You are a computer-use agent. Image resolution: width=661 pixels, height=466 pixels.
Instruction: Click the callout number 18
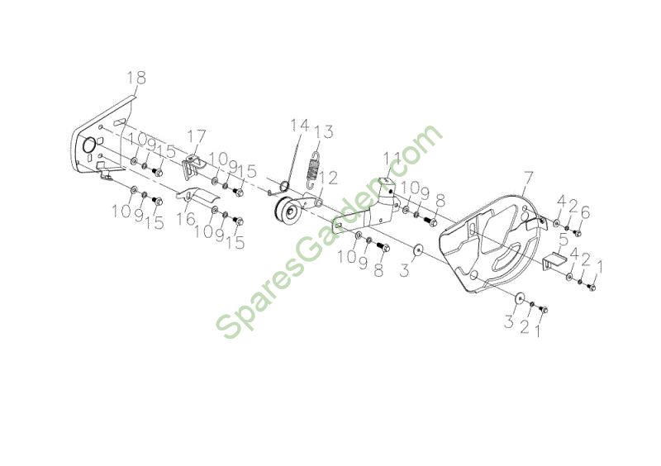136,78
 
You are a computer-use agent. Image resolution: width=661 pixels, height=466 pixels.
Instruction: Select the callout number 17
197,136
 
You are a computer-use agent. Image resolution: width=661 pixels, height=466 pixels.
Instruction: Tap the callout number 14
300,126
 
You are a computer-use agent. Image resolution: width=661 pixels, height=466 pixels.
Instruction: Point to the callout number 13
323,131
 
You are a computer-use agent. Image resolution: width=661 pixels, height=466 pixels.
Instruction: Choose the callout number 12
327,178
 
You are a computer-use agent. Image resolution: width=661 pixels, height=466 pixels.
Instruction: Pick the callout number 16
186,219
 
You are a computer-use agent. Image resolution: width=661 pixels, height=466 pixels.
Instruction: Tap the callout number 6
585,214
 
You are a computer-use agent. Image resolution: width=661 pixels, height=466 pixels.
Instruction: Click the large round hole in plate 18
89,145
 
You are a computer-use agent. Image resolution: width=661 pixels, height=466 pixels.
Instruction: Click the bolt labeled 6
578,233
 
